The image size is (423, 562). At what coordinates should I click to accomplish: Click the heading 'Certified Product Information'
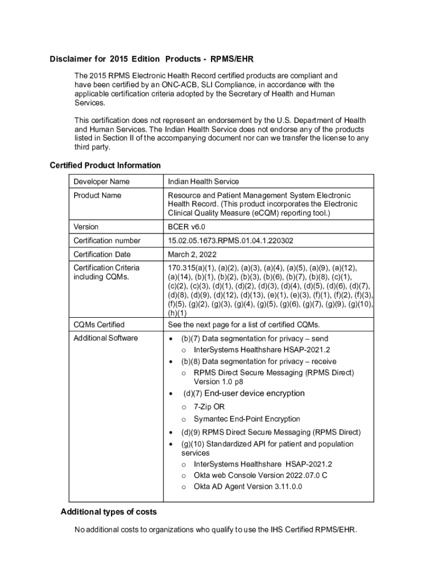click(x=105, y=165)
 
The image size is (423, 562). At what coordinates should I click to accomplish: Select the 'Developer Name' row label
click(x=102, y=182)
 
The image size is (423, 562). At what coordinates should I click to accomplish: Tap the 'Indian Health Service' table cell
click(x=203, y=182)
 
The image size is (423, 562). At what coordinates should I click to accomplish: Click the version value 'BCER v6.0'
click(x=187, y=227)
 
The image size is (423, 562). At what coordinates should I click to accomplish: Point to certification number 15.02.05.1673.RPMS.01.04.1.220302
click(x=230, y=240)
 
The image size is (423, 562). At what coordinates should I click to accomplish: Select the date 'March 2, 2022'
click(x=192, y=254)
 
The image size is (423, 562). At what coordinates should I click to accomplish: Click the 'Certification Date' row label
click(x=102, y=254)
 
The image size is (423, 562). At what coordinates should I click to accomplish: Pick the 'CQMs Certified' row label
click(x=99, y=325)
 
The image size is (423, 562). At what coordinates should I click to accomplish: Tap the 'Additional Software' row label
click(x=105, y=338)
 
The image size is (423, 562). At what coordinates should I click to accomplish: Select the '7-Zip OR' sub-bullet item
click(x=209, y=407)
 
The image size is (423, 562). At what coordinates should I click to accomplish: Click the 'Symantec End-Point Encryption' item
click(x=247, y=419)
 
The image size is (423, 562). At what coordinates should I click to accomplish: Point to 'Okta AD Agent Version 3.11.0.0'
click(x=248, y=487)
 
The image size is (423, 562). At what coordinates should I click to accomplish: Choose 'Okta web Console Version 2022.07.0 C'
click(x=260, y=475)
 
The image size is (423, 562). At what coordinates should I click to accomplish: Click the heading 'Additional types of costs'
click(x=108, y=512)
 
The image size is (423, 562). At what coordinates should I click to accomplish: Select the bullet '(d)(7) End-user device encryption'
click(x=244, y=394)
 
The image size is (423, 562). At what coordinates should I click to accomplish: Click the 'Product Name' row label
click(x=97, y=195)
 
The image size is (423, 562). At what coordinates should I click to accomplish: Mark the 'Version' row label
click(x=86, y=227)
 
